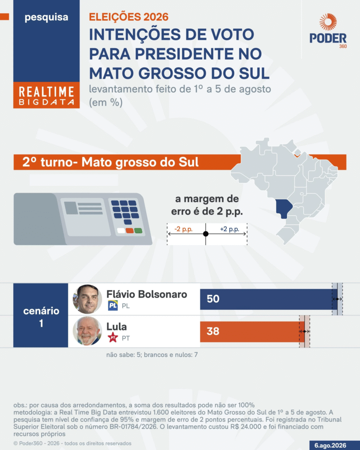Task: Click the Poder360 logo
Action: tap(328, 31)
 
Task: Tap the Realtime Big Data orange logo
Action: tap(47, 95)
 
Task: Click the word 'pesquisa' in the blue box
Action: tap(47, 17)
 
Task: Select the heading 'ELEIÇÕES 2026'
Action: tap(129, 17)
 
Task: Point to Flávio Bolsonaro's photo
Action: tap(87, 299)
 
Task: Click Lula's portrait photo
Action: tap(87, 331)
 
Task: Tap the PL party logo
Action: tap(113, 306)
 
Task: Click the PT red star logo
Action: tap(113, 337)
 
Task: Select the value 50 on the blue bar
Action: tap(213, 299)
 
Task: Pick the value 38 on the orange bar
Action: tap(213, 331)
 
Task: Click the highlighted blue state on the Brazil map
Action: tap(284, 208)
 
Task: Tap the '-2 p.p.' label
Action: tap(183, 229)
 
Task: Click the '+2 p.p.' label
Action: tap(229, 229)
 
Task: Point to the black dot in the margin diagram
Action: tap(206, 234)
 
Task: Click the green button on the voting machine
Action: tap(138, 230)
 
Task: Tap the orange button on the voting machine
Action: tap(130, 230)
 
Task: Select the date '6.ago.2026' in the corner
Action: tap(330, 446)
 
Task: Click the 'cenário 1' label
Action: tap(41, 317)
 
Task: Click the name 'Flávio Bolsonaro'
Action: tap(147, 294)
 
